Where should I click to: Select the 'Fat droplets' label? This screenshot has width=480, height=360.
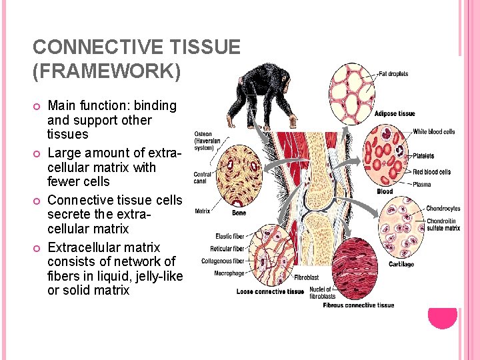393,73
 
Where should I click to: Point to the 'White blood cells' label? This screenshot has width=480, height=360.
434,132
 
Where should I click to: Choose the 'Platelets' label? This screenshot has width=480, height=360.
423,156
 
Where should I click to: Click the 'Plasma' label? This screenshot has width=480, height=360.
421,184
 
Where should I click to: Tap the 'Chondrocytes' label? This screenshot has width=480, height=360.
443,209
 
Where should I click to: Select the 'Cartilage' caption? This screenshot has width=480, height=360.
401,264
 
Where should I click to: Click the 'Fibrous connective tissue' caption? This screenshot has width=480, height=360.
359,305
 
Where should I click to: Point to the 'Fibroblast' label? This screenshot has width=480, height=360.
306,277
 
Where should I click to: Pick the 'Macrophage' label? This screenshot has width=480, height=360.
229,273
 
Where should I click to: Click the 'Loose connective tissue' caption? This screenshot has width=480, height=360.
270,291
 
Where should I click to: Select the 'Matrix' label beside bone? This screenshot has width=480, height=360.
203,211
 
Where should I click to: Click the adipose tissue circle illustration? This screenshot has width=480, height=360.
353,89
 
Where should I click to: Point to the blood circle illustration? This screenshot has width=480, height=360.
385,156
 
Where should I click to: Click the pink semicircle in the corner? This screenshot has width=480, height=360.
442,318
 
